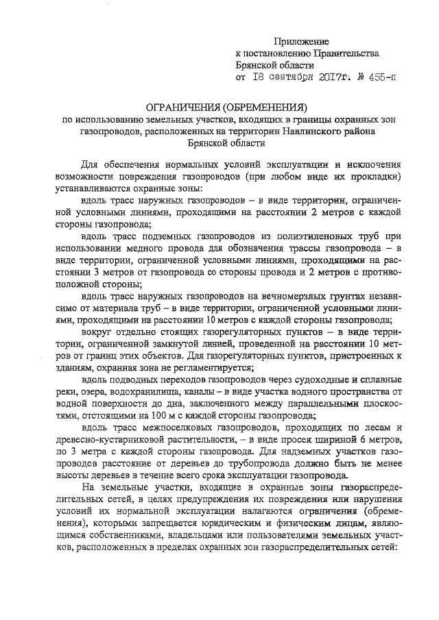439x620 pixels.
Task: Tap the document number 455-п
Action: pyautogui.click(x=381, y=78)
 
